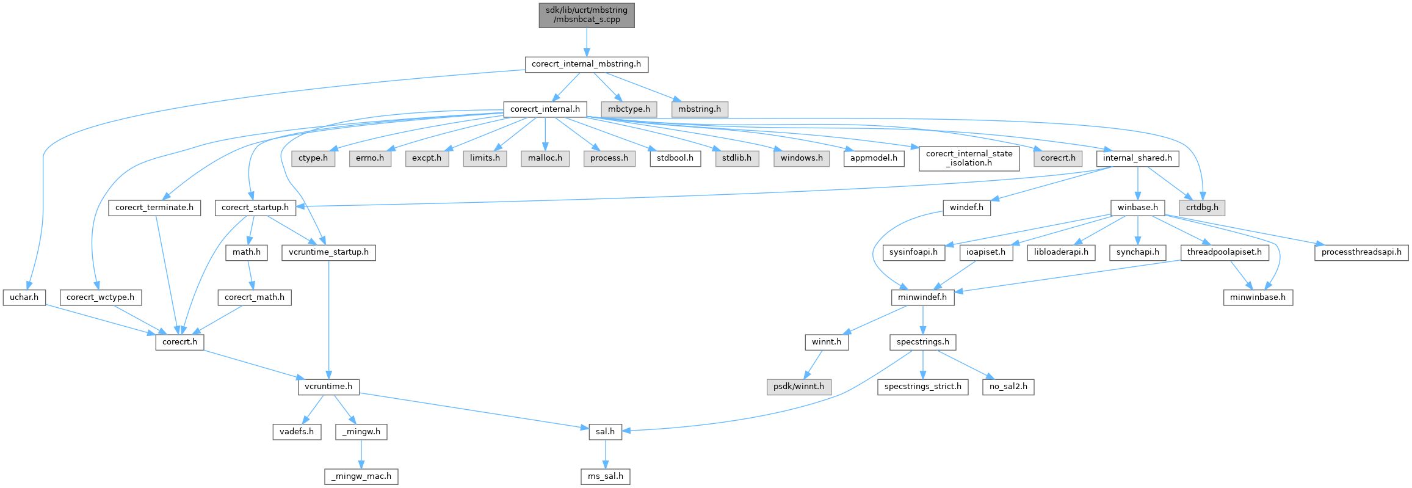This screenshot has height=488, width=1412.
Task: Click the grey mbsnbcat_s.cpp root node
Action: click(586, 15)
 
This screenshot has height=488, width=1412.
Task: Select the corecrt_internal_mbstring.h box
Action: click(586, 64)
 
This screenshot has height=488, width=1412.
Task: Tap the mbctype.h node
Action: click(629, 109)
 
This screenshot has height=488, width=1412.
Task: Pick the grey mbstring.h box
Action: click(699, 109)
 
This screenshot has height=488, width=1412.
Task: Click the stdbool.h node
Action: click(675, 158)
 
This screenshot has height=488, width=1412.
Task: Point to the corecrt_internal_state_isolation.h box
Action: click(969, 158)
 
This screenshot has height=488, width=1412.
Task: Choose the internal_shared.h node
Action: click(1137, 158)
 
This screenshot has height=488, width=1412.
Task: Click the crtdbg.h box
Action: click(1202, 208)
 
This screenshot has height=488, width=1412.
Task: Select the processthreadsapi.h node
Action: click(1361, 252)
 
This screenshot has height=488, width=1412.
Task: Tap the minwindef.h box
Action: click(922, 297)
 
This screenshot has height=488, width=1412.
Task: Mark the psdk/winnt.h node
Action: click(798, 387)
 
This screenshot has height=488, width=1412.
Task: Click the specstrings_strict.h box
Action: click(922, 387)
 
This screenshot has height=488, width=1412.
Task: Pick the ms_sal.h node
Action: click(606, 476)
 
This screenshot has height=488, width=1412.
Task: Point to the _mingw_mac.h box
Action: click(361, 476)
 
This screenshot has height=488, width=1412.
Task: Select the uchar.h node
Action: click(24, 297)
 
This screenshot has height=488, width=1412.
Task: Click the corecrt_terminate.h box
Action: click(154, 208)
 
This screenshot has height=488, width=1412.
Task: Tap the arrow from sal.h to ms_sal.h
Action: click(606, 454)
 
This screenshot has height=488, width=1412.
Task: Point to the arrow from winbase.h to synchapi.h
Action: click(1137, 230)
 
